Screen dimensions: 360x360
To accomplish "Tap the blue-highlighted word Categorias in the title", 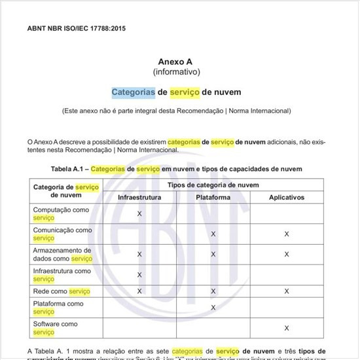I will [133, 92].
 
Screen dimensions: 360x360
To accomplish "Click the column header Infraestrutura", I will [139, 197].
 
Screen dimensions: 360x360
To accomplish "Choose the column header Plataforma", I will [213, 197].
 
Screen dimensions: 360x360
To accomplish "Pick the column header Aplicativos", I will [287, 197].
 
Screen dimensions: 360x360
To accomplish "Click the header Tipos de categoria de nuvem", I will [213, 185].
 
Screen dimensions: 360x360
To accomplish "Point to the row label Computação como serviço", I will [62, 213].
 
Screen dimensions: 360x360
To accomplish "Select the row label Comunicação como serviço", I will [62, 234].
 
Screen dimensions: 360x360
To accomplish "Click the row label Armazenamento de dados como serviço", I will [62, 254].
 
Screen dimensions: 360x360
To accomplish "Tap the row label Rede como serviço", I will [62, 291].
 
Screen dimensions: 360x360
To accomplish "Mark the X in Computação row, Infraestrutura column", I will [139, 214].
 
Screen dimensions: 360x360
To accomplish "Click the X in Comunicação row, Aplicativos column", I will [287, 234].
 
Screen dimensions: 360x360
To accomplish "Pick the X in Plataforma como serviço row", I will [213, 307].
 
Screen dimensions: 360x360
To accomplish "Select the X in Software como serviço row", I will [287, 327].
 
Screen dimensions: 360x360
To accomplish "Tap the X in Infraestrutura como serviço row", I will [139, 274].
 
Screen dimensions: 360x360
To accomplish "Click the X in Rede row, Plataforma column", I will [213, 291].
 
